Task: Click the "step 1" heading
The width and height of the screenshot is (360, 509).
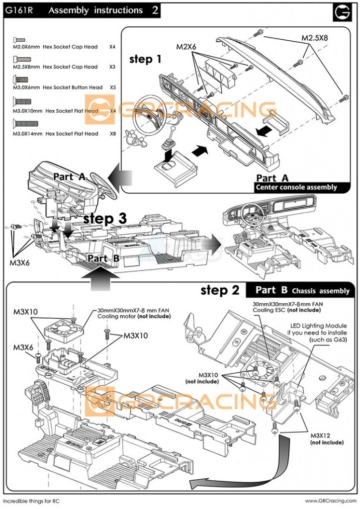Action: tap(145, 59)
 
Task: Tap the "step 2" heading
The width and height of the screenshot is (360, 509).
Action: tap(220, 290)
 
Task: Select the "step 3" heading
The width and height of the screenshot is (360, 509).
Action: tap(105, 218)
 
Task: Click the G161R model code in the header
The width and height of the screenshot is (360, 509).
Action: tap(19, 10)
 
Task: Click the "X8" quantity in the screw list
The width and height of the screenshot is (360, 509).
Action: tap(112, 134)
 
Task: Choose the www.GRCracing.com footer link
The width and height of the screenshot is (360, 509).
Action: tap(330, 501)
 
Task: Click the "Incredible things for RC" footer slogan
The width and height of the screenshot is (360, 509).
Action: tap(31, 501)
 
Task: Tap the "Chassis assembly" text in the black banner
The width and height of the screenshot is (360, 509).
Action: tap(321, 291)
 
